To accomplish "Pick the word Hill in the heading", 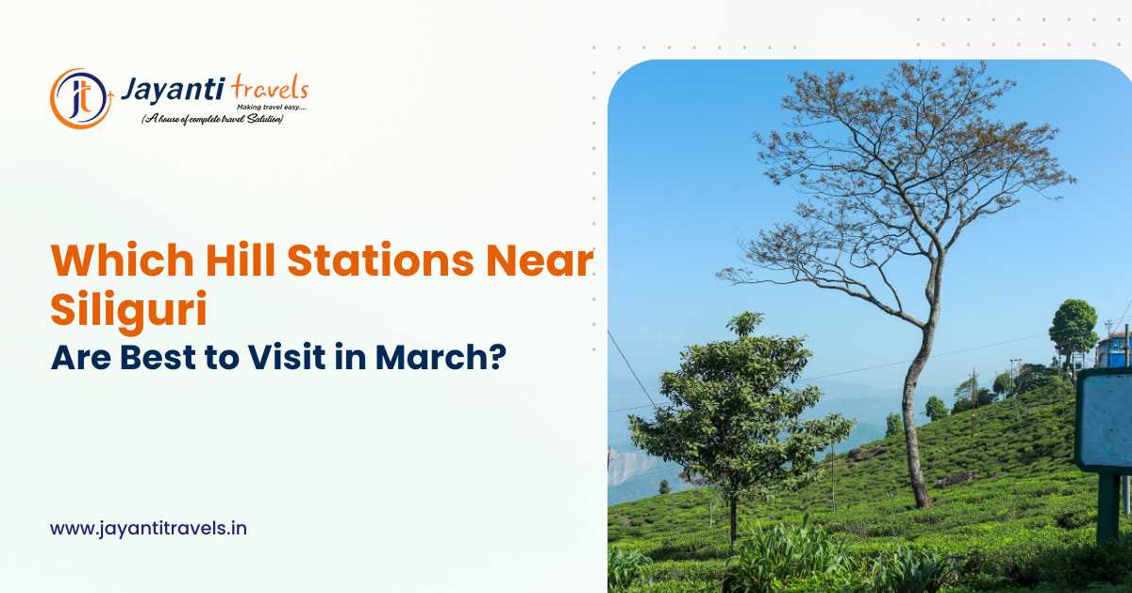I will (231, 260).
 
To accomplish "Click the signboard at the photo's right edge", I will (1104, 420).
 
